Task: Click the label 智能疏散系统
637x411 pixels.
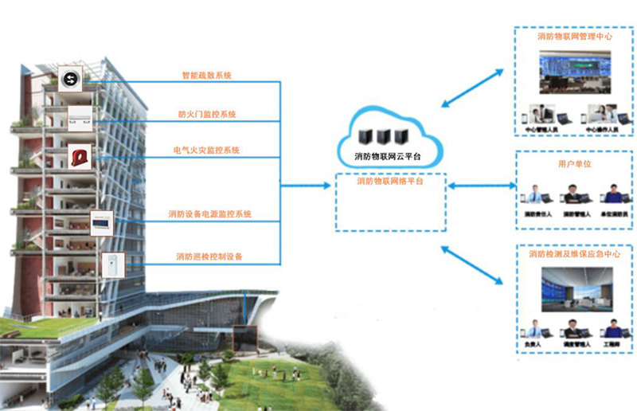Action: pyautogui.click(x=206, y=76)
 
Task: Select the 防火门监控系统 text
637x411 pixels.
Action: pyautogui.click(x=206, y=114)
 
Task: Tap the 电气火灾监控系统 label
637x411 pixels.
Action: pyautogui.click(x=206, y=150)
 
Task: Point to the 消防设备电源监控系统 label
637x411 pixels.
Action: pyautogui.click(x=210, y=214)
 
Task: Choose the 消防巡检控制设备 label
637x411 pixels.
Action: pyautogui.click(x=209, y=256)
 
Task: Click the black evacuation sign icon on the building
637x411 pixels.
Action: pyautogui.click(x=70, y=77)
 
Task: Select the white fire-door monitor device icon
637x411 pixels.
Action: pyautogui.click(x=79, y=116)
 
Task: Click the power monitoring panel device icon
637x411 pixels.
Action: pyautogui.click(x=102, y=221)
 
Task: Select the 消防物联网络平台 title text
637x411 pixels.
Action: pyautogui.click(x=390, y=182)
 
